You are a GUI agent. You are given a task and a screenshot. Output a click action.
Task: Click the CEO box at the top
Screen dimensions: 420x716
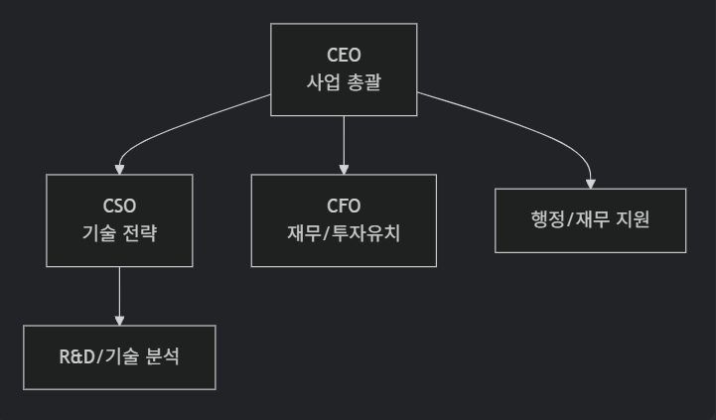(344, 69)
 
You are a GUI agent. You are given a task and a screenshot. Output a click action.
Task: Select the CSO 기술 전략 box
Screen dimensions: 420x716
(119, 220)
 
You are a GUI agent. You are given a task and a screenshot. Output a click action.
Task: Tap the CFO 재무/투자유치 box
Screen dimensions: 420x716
(344, 220)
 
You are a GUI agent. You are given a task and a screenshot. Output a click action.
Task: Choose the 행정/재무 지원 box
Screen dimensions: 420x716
(591, 220)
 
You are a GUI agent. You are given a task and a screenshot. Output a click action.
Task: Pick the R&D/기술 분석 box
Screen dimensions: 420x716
(119, 357)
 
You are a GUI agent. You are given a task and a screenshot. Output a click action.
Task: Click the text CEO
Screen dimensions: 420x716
(344, 55)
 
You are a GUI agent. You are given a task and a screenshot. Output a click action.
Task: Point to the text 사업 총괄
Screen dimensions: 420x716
(344, 82)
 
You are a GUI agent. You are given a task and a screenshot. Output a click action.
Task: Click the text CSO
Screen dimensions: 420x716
(119, 207)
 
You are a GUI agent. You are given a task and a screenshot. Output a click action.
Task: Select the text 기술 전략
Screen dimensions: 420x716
(119, 234)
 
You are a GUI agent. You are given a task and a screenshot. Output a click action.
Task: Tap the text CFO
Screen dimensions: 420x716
(344, 207)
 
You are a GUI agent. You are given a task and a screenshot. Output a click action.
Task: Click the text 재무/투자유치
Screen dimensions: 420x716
(344, 234)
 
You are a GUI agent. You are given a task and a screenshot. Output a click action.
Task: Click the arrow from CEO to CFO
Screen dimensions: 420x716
(344, 139)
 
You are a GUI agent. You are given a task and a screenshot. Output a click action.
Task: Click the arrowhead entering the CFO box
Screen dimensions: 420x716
(344, 169)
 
